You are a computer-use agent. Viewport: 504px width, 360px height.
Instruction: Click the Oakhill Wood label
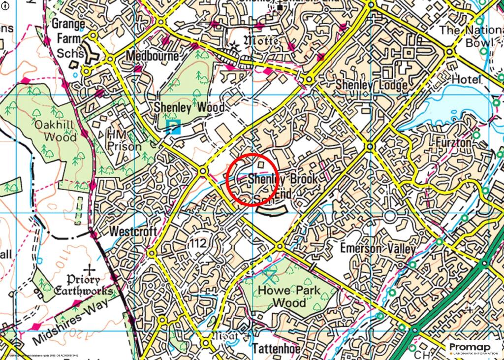(55, 130)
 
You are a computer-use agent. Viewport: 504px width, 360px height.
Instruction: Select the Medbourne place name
(152, 56)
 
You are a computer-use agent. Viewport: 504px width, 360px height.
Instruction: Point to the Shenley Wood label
(189, 107)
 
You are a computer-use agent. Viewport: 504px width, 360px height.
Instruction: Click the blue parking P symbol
(173, 128)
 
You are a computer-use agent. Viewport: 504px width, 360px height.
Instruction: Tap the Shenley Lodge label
(371, 85)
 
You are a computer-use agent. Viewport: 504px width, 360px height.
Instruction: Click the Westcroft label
(133, 231)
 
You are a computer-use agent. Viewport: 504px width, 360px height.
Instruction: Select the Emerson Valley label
(378, 249)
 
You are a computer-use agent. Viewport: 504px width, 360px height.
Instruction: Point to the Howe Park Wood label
(289, 296)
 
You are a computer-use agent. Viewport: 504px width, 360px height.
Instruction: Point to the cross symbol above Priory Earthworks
(90, 269)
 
